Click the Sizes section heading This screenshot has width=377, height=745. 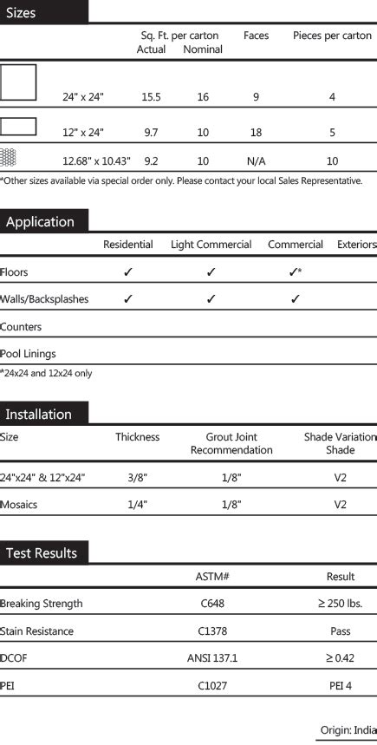pyautogui.click(x=22, y=13)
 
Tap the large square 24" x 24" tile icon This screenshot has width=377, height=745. pyautogui.click(x=18, y=82)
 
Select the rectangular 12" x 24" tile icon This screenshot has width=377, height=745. pyautogui.click(x=18, y=127)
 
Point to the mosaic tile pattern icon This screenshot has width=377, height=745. pyautogui.click(x=9, y=157)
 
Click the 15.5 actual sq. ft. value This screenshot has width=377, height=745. pyautogui.click(x=151, y=97)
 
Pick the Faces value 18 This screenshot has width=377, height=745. pyautogui.click(x=256, y=133)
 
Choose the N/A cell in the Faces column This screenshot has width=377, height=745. pyautogui.click(x=256, y=161)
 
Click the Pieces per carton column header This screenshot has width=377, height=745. pyautogui.click(x=332, y=36)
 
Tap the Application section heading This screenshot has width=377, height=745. pyautogui.click(x=40, y=222)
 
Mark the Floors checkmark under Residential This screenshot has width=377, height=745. pyautogui.click(x=128, y=271)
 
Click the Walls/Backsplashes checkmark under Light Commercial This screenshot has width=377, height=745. pyautogui.click(x=211, y=299)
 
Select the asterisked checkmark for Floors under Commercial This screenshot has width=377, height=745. pyautogui.click(x=295, y=271)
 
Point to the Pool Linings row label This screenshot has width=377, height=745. pyautogui.click(x=28, y=354)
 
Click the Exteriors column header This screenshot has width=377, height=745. pyautogui.click(x=356, y=245)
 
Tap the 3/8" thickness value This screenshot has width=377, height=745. pyautogui.click(x=138, y=477)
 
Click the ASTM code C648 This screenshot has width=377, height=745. pyautogui.click(x=212, y=604)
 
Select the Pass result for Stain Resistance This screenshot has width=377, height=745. pyautogui.click(x=340, y=631)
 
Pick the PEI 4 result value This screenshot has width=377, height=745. pyautogui.click(x=340, y=686)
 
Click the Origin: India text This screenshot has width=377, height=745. pyautogui.click(x=348, y=730)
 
